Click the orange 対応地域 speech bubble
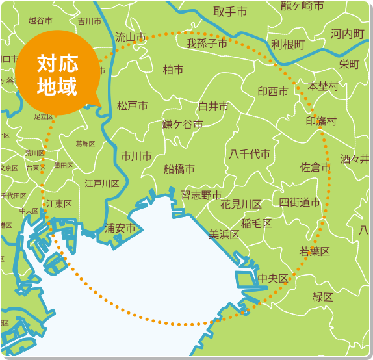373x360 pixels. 57,73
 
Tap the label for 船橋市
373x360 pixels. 179,169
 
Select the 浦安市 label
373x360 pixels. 120,228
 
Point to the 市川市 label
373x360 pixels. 136,156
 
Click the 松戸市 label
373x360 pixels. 133,105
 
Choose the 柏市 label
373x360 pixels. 173,70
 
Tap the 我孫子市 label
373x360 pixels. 207,44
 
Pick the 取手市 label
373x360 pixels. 230,12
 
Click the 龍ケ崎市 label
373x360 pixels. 302,6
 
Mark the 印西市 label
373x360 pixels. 273,92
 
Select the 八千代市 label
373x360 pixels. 250,154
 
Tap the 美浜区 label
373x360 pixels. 224,235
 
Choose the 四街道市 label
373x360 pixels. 300,202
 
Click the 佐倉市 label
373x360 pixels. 315,168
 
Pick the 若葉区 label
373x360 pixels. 315,251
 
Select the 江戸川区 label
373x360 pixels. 103,184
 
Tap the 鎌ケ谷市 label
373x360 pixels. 183,124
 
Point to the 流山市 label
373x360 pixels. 131,38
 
